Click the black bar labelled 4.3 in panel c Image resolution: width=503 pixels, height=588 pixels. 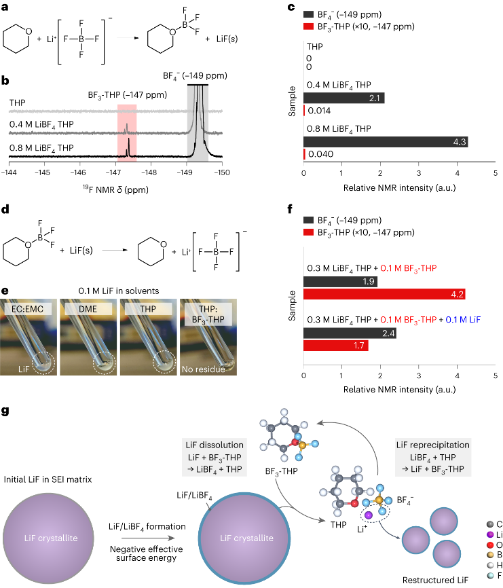point(386,142)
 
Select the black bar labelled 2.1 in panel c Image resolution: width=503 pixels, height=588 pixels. point(344,98)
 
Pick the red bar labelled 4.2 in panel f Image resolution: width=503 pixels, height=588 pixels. point(384,295)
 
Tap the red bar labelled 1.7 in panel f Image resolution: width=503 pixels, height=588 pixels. point(336,346)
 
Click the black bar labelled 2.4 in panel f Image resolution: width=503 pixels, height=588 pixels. point(350,333)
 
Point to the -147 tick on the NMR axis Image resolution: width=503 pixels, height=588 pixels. point(116,164)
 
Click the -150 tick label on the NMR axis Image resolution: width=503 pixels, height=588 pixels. point(222,172)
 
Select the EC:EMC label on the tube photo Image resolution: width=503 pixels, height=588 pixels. point(27,309)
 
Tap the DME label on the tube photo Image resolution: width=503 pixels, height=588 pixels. point(88,309)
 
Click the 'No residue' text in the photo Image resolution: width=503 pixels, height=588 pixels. point(204,369)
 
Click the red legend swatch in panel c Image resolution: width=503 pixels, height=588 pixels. point(308,26)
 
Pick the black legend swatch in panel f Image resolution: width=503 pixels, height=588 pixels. point(308,220)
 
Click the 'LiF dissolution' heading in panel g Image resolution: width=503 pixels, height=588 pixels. point(215,445)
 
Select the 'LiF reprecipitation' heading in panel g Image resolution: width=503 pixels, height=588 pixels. point(433,445)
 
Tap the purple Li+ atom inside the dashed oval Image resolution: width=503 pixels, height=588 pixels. point(369,515)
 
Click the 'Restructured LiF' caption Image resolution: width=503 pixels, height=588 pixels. point(435,580)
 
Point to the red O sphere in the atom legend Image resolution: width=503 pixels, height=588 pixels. point(490,545)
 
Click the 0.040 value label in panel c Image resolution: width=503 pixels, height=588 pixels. point(320,154)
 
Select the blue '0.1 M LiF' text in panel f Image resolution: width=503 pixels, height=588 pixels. point(463,320)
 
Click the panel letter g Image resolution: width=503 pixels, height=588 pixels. point(5,411)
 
